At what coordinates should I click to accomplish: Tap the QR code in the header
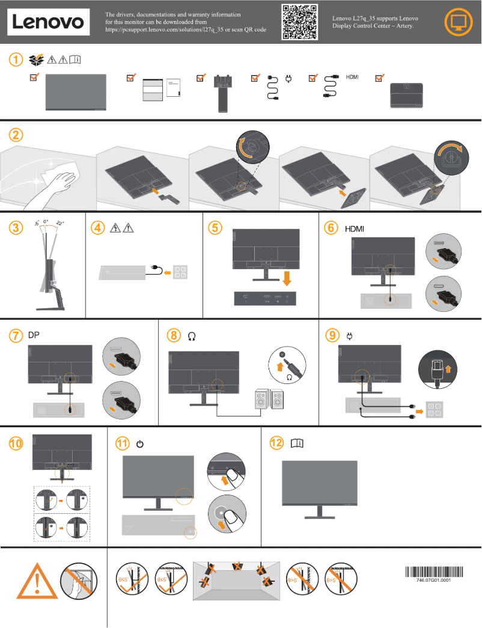(x=299, y=22)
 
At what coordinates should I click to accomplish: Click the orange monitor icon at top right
(x=458, y=22)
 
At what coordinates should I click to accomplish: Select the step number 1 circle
(x=16, y=59)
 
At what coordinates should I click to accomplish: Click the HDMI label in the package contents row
(x=352, y=78)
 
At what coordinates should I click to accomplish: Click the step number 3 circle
(x=16, y=228)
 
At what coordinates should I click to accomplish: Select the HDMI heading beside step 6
(x=355, y=228)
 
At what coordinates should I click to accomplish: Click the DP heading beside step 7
(x=34, y=335)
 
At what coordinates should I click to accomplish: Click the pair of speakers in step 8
(x=270, y=400)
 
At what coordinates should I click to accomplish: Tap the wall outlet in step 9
(x=434, y=410)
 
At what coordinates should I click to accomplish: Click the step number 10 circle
(x=16, y=444)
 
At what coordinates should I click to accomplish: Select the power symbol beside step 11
(x=140, y=444)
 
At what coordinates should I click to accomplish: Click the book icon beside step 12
(x=297, y=444)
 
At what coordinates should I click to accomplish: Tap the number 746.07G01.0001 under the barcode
(x=433, y=581)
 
